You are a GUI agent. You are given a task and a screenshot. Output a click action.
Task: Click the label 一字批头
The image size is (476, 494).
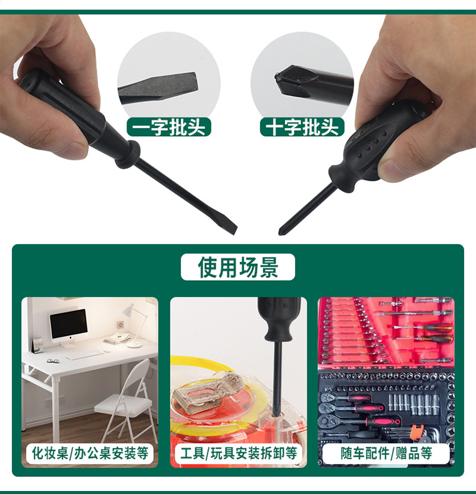click(169, 127)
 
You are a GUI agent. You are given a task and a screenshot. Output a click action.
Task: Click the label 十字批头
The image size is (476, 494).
click(302, 127)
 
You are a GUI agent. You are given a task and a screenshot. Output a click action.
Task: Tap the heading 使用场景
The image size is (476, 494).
click(238, 267)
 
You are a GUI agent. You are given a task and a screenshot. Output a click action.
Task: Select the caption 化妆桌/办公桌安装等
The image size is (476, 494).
click(90, 453)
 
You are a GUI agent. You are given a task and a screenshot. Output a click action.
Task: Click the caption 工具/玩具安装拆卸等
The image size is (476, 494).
click(239, 453)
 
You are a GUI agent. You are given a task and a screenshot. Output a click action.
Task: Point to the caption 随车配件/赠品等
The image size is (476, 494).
click(386, 453)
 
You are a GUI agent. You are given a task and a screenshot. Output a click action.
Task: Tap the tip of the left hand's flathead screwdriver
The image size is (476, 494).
click(234, 230)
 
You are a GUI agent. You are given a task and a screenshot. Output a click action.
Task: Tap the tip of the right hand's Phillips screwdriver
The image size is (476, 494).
click(281, 232)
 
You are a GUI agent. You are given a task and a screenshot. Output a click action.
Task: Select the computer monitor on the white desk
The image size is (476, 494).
click(68, 326)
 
